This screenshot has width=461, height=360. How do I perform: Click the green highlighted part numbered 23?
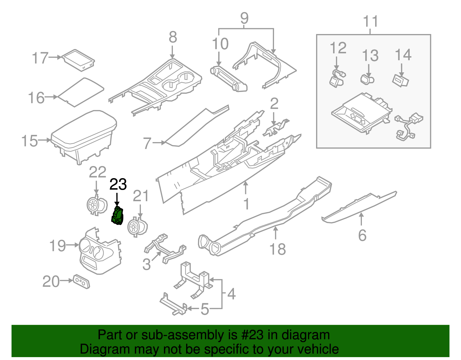(x=117, y=216)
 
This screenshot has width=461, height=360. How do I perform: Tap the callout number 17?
(x=40, y=58)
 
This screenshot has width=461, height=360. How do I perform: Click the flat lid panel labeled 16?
(x=81, y=92)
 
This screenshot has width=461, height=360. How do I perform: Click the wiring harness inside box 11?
(x=408, y=127)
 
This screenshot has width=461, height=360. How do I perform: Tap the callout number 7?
(x=147, y=143)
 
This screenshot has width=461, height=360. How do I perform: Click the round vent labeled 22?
(x=97, y=205)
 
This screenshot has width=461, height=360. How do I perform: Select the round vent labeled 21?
(x=137, y=227)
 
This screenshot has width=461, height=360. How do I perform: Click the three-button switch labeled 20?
(x=82, y=282)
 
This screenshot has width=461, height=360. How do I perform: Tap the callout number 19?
(x=57, y=246)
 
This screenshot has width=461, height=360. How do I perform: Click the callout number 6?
(x=362, y=235)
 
